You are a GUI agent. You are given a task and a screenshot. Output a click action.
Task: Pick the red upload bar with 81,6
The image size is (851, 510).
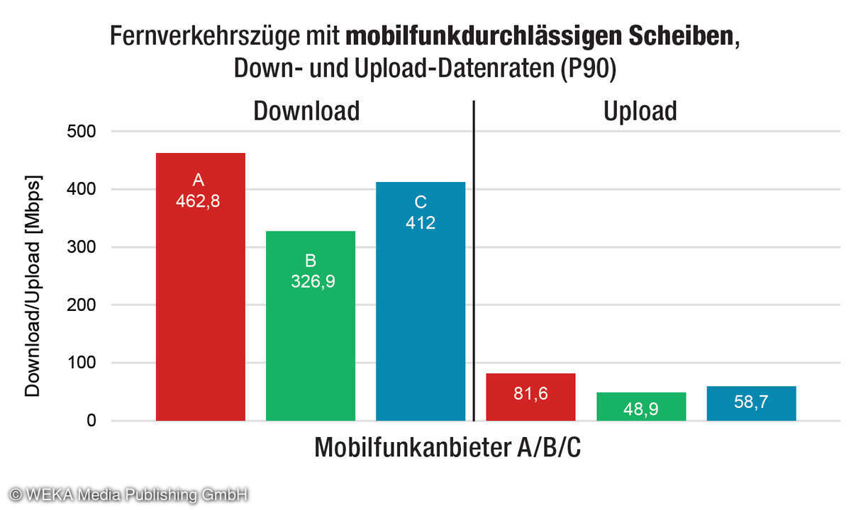click(530, 397)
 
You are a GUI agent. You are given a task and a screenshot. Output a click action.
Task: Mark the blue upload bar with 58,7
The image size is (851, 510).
click(752, 403)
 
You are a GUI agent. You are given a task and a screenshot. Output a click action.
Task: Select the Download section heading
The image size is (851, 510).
click(306, 111)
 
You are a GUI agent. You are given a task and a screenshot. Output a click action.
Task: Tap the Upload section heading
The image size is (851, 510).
click(640, 111)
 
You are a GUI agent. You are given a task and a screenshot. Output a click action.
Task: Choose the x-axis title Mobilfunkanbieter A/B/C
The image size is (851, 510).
click(447, 448)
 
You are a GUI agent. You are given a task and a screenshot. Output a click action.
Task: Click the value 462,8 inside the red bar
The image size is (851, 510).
click(198, 201)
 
